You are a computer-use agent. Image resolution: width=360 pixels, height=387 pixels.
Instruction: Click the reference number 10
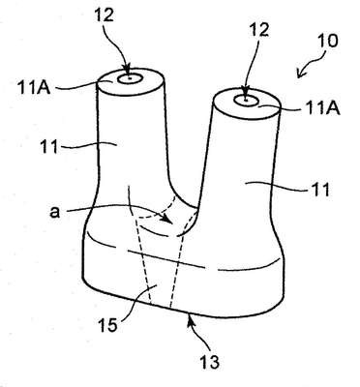[327, 41]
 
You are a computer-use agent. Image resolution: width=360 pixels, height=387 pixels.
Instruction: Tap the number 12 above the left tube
[105, 14]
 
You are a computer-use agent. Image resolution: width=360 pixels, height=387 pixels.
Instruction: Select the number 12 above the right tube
[258, 30]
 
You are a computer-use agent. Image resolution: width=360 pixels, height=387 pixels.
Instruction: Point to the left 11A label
[35, 88]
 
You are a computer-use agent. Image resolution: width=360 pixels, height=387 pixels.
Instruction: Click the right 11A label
[322, 109]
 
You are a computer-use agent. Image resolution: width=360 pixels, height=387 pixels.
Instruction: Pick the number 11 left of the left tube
[49, 147]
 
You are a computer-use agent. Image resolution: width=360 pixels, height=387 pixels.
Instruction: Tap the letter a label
[55, 213]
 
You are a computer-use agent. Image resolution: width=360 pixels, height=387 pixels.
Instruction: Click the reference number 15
[108, 325]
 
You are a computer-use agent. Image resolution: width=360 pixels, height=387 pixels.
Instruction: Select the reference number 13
[210, 361]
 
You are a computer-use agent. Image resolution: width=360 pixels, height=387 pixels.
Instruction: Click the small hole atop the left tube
[130, 78]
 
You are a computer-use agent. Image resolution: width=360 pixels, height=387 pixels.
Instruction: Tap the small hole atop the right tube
[247, 101]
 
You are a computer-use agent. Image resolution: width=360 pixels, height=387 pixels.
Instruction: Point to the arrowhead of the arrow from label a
[166, 219]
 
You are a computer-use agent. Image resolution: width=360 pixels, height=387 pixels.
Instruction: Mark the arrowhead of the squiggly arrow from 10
[300, 74]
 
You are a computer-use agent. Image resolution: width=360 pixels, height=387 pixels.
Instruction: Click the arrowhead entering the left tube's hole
[129, 73]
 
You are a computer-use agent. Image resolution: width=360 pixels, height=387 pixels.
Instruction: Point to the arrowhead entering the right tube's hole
[246, 96]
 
